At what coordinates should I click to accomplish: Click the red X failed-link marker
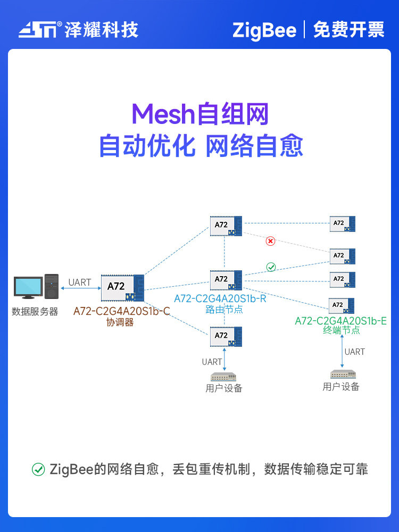(x=270, y=241)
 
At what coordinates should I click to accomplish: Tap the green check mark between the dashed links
(x=271, y=267)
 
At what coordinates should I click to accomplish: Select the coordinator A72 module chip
(x=122, y=287)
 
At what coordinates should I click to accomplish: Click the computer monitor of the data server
(x=28, y=287)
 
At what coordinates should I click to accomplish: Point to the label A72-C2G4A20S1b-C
(x=121, y=311)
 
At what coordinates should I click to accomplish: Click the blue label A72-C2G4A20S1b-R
(x=220, y=298)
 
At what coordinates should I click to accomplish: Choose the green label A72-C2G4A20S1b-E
(x=340, y=320)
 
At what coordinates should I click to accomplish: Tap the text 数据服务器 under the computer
(x=35, y=312)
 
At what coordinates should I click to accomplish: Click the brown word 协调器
(x=120, y=322)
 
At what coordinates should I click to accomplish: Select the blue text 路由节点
(x=224, y=309)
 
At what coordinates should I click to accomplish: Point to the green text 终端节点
(x=341, y=330)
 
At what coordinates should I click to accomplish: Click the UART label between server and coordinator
(x=80, y=282)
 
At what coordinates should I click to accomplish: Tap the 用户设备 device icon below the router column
(x=224, y=377)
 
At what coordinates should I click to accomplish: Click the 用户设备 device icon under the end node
(x=341, y=374)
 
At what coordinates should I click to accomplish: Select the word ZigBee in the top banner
(x=264, y=30)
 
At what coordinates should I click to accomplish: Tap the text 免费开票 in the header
(x=348, y=30)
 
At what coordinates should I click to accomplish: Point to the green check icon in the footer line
(x=38, y=469)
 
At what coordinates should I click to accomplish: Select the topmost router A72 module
(x=226, y=226)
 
